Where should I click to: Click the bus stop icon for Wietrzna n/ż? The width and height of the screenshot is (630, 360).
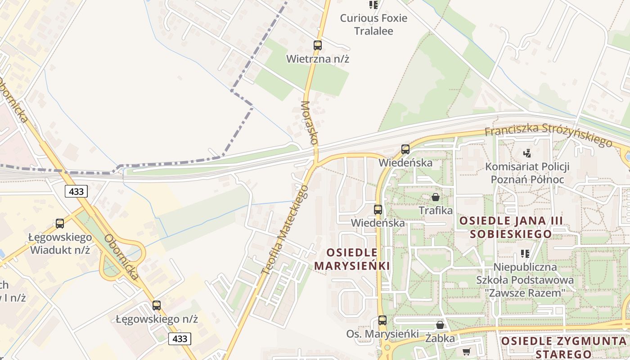318,45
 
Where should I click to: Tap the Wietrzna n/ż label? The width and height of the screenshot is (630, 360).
318,58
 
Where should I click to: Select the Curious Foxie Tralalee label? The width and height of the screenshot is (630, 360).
373,24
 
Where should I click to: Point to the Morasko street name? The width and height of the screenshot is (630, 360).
309,122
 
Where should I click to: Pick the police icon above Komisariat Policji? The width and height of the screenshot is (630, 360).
527,153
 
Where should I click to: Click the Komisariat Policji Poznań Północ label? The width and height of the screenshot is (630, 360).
527,173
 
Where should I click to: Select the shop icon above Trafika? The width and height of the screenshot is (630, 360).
436,197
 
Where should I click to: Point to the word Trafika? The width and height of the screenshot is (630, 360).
436,210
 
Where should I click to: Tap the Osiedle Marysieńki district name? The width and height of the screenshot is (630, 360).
352,259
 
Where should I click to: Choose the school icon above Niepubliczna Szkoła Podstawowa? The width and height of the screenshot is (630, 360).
525,254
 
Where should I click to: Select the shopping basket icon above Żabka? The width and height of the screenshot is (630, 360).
440,325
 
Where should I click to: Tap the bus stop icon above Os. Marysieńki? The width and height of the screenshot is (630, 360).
382,320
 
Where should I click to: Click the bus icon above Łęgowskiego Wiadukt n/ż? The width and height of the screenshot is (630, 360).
60,224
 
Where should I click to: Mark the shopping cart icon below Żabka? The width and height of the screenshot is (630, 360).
466,351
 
